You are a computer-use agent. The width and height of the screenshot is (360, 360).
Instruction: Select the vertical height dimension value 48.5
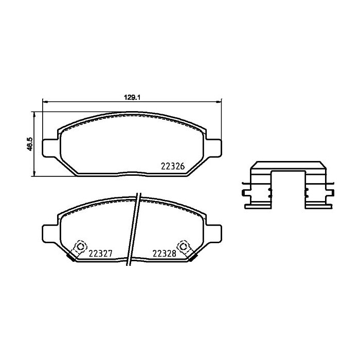pyautogui.click(x=30, y=144)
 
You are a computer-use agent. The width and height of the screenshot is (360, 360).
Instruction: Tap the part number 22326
pyautogui.click(x=173, y=166)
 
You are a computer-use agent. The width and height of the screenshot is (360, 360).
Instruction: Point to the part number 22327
pyautogui.click(x=101, y=253)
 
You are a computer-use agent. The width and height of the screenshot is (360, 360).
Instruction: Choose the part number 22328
pyautogui.click(x=164, y=253)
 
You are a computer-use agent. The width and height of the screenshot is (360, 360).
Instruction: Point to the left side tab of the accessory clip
pyautogui.click(x=244, y=193)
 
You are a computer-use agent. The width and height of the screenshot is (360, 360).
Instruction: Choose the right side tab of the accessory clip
pyautogui.click(x=330, y=193)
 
